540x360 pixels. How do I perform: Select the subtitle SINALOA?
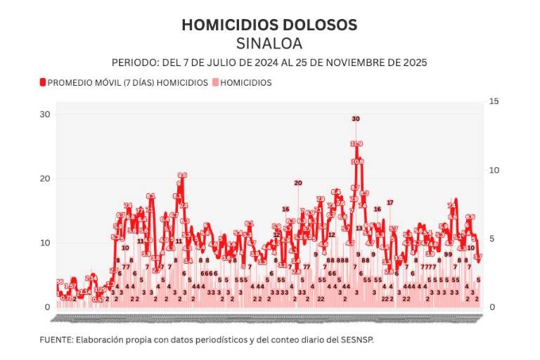click(269, 44)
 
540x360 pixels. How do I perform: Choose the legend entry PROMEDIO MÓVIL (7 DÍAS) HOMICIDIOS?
click(127, 82)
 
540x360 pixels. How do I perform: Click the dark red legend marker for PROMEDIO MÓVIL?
click(42, 82)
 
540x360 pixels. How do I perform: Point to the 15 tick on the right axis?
click(494, 101)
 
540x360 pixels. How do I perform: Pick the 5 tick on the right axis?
click(494, 238)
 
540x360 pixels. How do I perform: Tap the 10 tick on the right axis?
click(494, 170)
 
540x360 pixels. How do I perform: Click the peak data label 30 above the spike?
click(356, 119)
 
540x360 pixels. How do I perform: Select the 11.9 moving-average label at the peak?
click(356, 143)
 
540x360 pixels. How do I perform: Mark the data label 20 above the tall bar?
click(297, 183)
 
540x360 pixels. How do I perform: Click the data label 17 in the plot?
click(390, 202)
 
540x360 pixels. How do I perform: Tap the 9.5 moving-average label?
click(182, 175)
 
